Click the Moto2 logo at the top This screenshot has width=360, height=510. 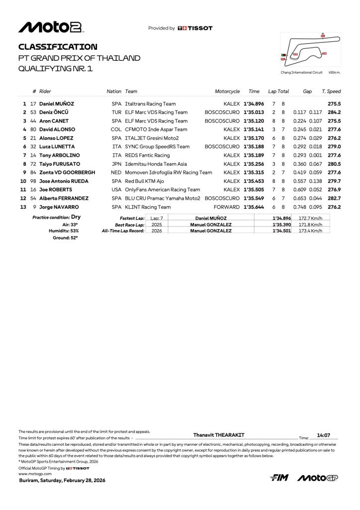50,27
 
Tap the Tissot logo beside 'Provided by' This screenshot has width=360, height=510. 195,28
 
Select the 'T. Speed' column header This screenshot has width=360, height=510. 331,92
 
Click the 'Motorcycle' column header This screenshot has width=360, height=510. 227,92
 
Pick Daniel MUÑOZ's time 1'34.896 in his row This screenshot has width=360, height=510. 253,104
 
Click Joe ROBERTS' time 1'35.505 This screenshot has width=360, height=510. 253,189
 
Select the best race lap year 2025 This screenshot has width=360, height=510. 157,225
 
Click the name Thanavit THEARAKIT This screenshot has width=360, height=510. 219,435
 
